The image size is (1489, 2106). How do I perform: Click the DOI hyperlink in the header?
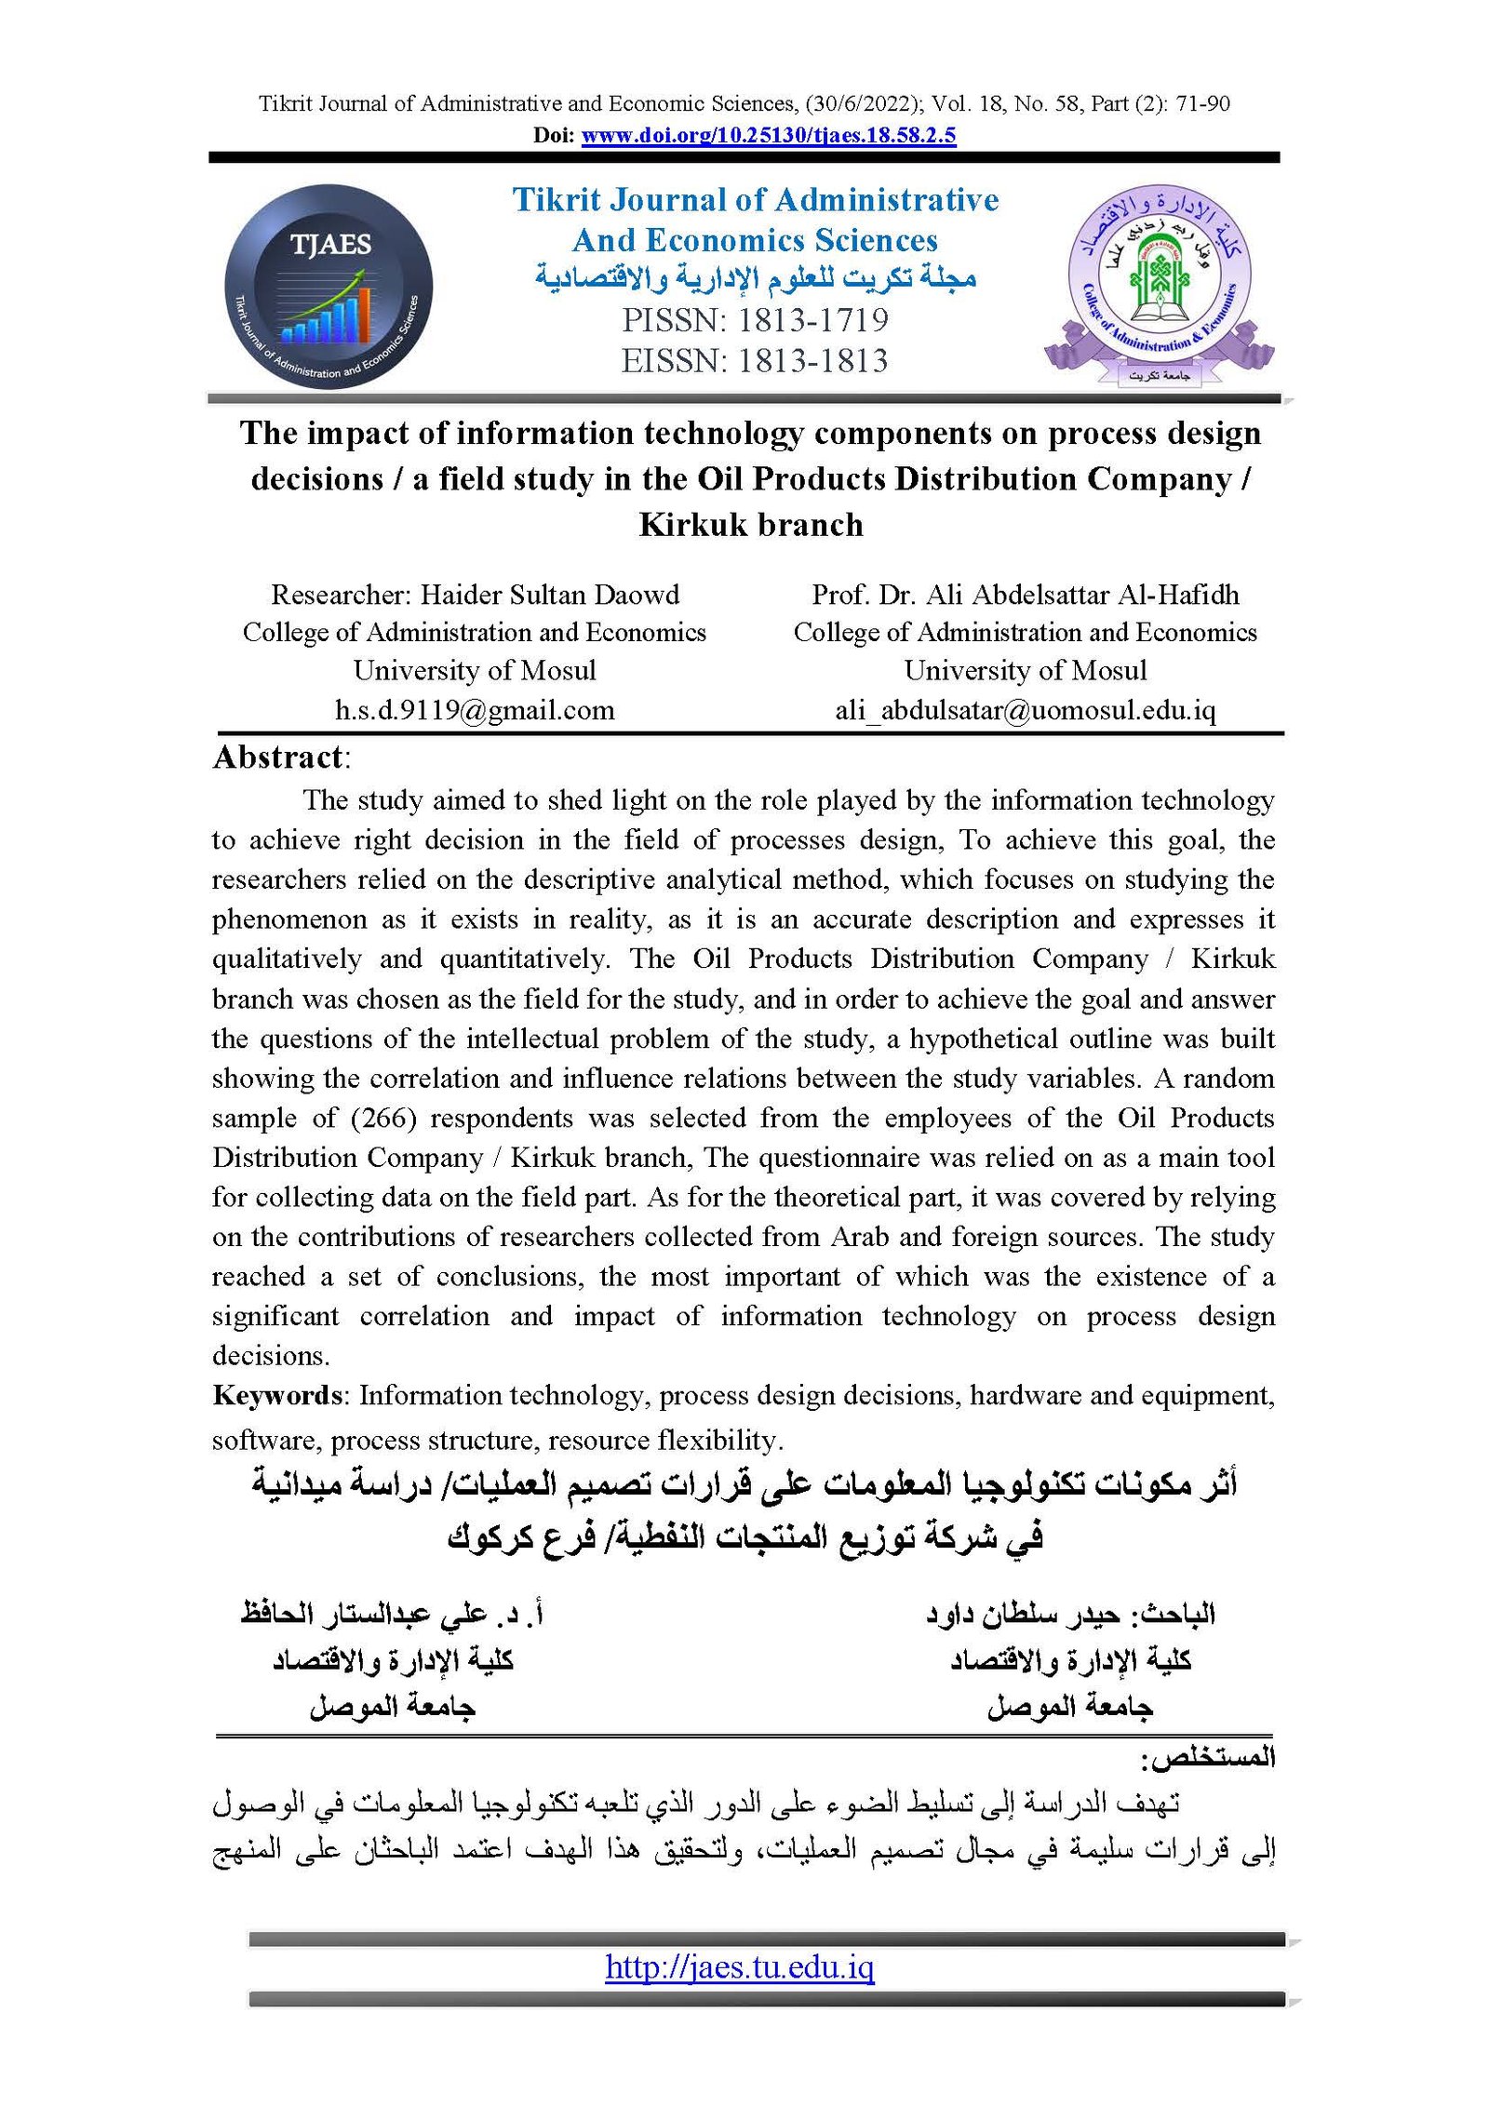coord(768,136)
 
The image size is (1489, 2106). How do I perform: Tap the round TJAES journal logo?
coord(329,287)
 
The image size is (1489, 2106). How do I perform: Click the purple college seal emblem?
coord(1159,284)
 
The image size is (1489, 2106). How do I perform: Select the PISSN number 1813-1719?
coord(812,320)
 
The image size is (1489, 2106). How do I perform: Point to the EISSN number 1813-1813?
coord(812,361)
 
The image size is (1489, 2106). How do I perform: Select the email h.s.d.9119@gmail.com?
coord(475,710)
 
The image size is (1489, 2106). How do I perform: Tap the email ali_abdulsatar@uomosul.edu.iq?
coord(1025,710)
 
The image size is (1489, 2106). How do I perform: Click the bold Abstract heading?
coord(278,758)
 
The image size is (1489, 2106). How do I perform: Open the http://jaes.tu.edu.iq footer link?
coord(740,1966)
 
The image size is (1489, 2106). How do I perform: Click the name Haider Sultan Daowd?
coord(550,595)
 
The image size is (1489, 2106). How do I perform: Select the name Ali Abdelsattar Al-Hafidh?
coord(1082,595)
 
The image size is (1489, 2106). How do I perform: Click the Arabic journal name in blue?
coord(755,277)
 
